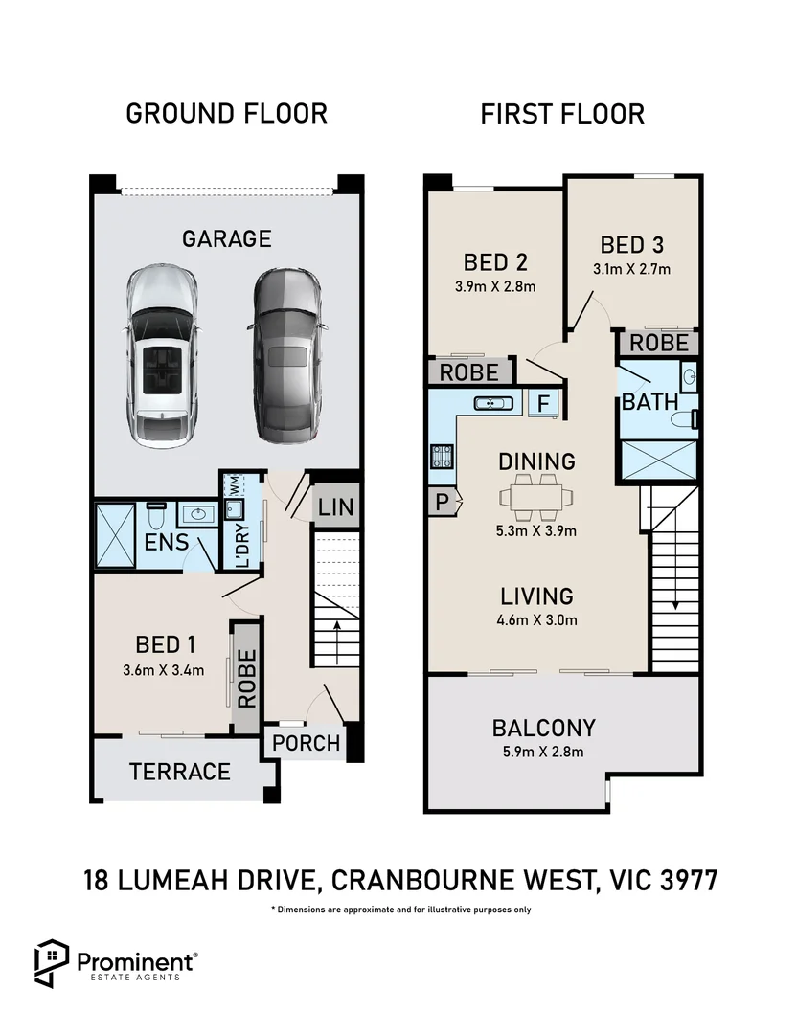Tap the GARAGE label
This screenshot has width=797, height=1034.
[x=227, y=238]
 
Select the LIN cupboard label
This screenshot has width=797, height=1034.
[x=335, y=507]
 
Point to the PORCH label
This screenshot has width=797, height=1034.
[x=306, y=742]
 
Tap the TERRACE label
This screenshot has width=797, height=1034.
[x=180, y=771]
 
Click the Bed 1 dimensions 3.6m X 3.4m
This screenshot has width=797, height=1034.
[x=165, y=670]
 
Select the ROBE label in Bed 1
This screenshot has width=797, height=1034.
[x=247, y=679]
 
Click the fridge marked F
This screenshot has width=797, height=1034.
[x=543, y=404]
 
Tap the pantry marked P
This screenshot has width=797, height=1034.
[x=443, y=499]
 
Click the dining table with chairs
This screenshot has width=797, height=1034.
[x=536, y=496]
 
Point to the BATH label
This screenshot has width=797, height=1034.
[x=649, y=401]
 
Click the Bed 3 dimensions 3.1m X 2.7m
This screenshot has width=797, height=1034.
[x=631, y=269]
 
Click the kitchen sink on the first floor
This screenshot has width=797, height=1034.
[x=491, y=404]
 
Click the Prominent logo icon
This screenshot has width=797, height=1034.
[x=50, y=962]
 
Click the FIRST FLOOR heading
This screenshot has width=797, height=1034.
[x=562, y=115]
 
